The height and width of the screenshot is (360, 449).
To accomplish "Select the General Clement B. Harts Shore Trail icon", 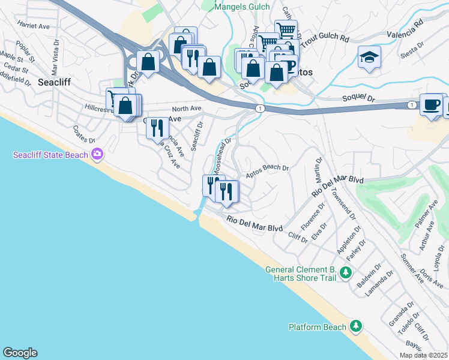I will [x=345, y=274].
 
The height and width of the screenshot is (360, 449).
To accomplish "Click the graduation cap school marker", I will [x=369, y=57].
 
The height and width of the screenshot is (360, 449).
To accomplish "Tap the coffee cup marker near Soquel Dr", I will [x=431, y=104].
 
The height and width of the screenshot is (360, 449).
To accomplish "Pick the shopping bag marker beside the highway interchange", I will [x=147, y=61].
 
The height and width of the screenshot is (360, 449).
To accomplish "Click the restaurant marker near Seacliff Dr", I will [x=157, y=128].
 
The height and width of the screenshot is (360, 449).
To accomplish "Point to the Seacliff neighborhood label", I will [x=56, y=82].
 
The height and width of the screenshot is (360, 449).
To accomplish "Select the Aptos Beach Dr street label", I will [x=268, y=172].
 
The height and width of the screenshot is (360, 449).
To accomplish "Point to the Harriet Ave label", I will [x=34, y=26].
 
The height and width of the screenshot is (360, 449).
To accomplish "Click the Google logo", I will [x=20, y=353].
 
